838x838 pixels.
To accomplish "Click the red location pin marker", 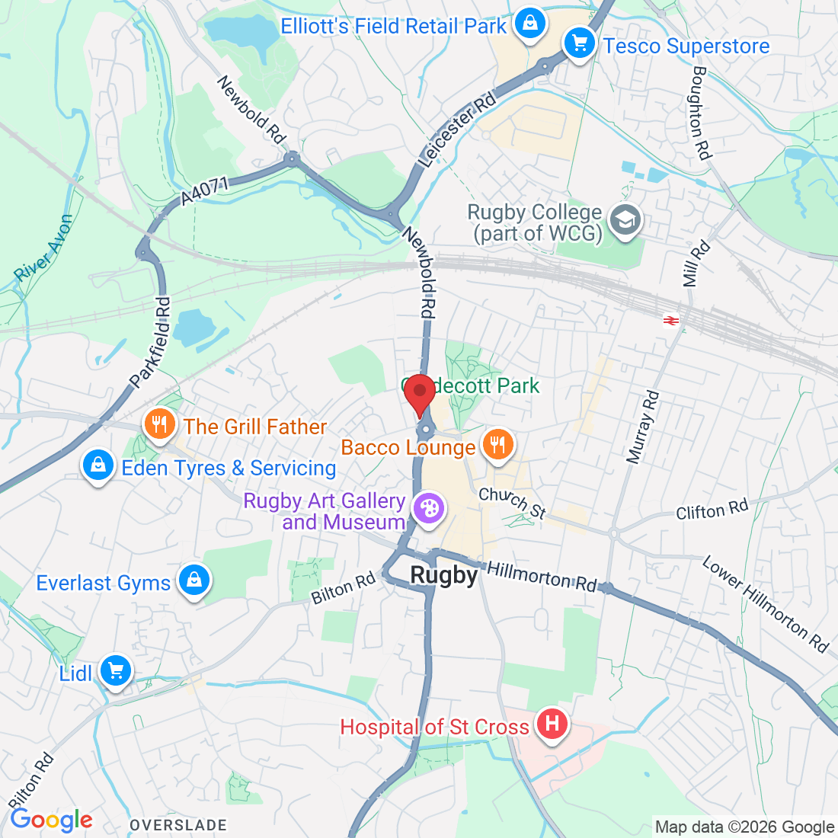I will [x=419, y=392].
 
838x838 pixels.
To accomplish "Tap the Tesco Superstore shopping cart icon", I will [x=580, y=44].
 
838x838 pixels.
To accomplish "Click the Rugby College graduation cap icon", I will [x=625, y=221].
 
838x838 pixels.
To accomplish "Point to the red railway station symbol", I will [x=671, y=321].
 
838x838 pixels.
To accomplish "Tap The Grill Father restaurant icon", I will [x=158, y=424].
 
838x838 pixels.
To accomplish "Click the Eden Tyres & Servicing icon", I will [x=98, y=465].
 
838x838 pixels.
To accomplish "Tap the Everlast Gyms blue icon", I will [x=194, y=581].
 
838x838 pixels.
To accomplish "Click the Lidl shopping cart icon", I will [x=116, y=671].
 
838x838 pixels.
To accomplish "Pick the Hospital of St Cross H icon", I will [x=552, y=724].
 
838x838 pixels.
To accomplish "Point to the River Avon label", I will [x=44, y=248].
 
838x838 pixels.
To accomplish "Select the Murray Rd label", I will [x=643, y=427].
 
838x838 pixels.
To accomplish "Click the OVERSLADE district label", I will [x=178, y=825].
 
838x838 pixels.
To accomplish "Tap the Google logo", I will [x=51, y=820].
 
